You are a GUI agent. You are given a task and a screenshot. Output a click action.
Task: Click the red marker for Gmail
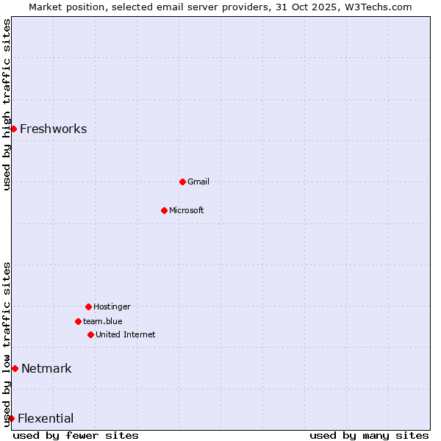[182, 182]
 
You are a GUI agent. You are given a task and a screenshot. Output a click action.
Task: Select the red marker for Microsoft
[164, 210]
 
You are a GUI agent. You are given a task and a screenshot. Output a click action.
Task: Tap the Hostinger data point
[88, 306]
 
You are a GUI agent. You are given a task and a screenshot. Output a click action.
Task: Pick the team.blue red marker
[78, 321]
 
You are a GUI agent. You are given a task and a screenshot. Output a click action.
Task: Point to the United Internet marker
[90, 334]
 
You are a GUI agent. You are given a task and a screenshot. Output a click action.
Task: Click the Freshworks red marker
[13, 129]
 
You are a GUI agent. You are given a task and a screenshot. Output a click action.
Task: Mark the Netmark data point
[15, 368]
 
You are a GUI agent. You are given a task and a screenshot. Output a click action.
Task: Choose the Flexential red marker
[11, 418]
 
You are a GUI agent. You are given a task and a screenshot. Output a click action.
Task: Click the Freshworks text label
[53, 129]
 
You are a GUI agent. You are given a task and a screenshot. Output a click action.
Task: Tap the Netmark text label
[46, 369]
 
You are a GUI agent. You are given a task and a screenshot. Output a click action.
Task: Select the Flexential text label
[46, 419]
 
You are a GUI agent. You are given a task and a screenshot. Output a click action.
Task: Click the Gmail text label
[198, 182]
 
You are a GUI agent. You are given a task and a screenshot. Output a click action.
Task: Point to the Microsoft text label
[187, 211]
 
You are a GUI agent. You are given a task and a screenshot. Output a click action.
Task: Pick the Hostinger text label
[112, 306]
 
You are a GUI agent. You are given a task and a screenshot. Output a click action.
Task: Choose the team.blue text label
[103, 321]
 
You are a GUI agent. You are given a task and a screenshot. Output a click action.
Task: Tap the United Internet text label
[126, 335]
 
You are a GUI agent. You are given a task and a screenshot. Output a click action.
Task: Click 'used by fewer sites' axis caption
[76, 435]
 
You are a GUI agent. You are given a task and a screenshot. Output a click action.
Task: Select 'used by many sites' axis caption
[369, 435]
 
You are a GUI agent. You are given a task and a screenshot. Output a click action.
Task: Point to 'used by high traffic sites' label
[7, 104]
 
